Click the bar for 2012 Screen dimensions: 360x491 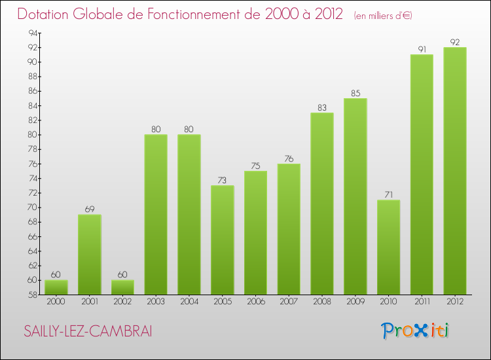tap(455, 171)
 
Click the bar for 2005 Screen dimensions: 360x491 tap(223, 240)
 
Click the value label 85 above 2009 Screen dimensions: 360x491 tap(355, 92)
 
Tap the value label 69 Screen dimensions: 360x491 tap(90, 209)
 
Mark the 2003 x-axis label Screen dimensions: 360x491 tap(156, 302)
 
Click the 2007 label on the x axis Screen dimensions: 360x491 tap(289, 302)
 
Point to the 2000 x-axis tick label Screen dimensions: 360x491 tap(56, 302)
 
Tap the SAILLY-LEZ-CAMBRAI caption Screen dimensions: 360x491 tap(88, 331)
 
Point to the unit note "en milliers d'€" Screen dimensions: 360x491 tap(383, 16)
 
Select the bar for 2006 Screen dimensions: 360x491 tap(255, 232)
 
